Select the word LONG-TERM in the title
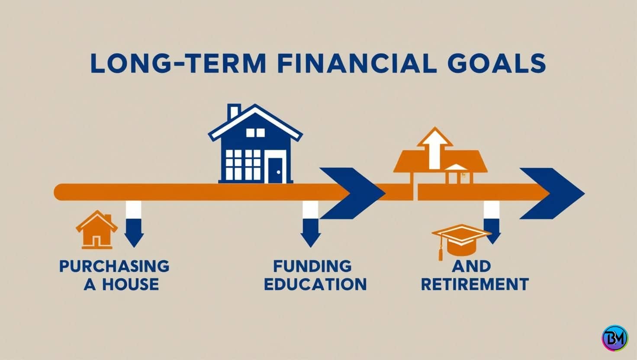[178, 64]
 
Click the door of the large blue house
[275, 170]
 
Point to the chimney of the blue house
[234, 112]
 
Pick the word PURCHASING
[114, 266]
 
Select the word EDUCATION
[315, 285]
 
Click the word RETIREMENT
[475, 285]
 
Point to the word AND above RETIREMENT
[471, 266]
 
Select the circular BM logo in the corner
[614, 338]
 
